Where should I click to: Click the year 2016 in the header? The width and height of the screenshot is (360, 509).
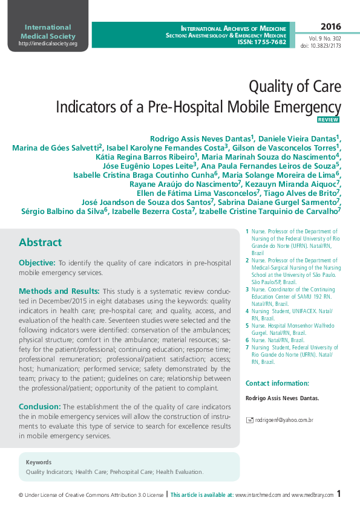click(x=330, y=27)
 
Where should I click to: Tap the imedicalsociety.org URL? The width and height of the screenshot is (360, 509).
click(x=48, y=44)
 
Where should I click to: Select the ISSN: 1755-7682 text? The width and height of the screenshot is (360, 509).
click(x=262, y=43)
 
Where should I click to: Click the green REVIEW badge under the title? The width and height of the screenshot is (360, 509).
click(x=328, y=120)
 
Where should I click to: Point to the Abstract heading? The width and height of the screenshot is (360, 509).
click(x=40, y=242)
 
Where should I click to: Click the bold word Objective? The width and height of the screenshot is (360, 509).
click(x=37, y=263)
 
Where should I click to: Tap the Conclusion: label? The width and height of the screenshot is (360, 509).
click(x=40, y=407)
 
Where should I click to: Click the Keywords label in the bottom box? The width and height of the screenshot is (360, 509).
click(x=39, y=462)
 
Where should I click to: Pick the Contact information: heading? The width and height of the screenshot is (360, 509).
click(x=277, y=383)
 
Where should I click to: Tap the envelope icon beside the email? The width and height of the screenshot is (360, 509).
click(x=249, y=420)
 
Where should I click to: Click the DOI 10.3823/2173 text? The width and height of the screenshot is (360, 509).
click(x=321, y=45)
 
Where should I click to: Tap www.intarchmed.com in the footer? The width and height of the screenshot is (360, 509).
click(x=258, y=495)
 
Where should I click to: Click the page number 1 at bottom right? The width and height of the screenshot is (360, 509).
click(x=339, y=494)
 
